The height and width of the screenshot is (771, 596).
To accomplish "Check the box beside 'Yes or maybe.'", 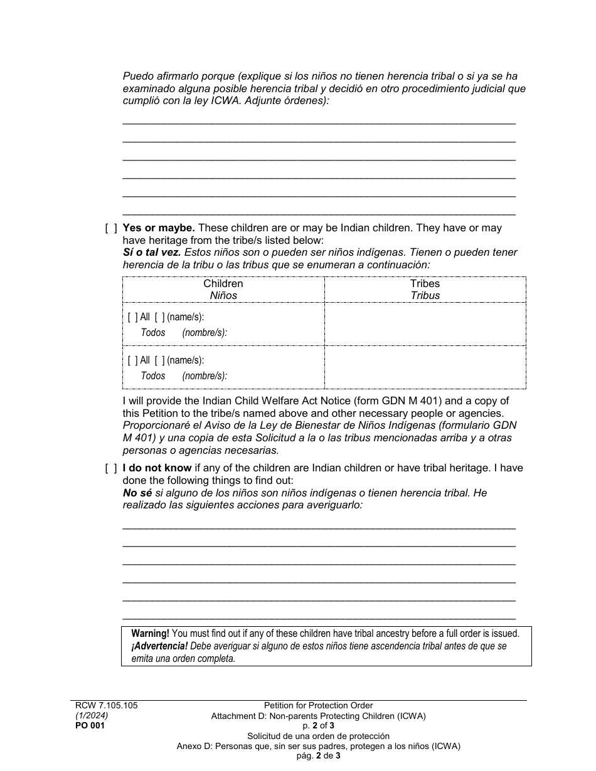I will (x=110, y=229).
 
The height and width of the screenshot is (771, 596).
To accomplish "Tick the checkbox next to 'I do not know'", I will (x=110, y=468).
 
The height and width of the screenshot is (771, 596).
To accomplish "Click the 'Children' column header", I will (x=223, y=283).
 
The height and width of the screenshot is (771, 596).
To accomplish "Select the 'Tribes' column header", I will (x=425, y=283).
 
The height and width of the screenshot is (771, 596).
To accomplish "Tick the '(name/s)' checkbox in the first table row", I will (x=159, y=317).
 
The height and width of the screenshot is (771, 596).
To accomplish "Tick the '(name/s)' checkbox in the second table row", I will (x=159, y=360).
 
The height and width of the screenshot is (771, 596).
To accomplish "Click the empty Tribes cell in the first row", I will (x=425, y=324).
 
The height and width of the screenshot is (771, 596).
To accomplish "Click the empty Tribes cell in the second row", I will (x=425, y=367).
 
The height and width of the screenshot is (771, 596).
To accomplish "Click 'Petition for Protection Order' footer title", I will (x=318, y=706).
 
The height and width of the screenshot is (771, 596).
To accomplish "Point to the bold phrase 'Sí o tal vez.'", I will (x=152, y=253).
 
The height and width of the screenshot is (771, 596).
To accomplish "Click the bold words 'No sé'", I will (x=137, y=493).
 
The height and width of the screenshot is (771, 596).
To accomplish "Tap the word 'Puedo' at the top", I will (x=137, y=76).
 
